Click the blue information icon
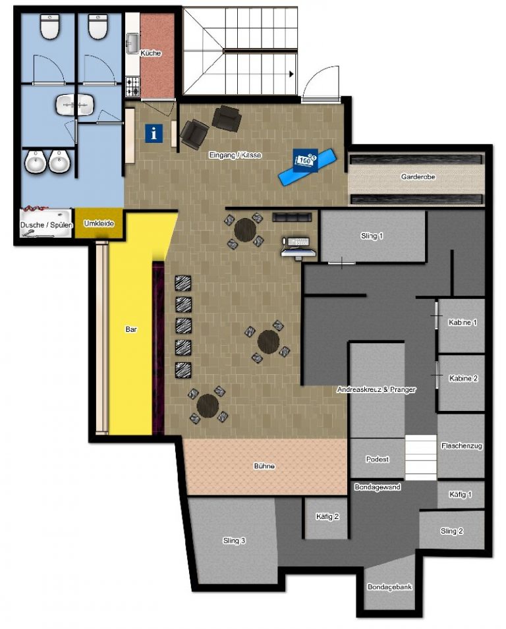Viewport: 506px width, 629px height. (x=155, y=133)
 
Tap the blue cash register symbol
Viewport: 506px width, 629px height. (x=305, y=161)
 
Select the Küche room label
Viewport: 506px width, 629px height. (x=150, y=53)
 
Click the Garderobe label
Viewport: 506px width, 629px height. (x=418, y=177)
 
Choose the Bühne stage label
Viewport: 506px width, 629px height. (x=264, y=466)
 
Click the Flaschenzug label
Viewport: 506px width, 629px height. (x=461, y=446)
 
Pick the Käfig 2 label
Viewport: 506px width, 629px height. (x=327, y=516)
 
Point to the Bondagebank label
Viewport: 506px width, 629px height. (x=389, y=586)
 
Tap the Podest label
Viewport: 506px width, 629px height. (x=378, y=459)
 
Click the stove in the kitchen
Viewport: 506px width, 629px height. (x=132, y=86)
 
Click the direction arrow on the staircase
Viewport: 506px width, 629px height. (x=291, y=74)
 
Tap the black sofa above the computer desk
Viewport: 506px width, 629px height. (x=291, y=217)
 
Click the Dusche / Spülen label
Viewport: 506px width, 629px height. (x=46, y=225)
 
